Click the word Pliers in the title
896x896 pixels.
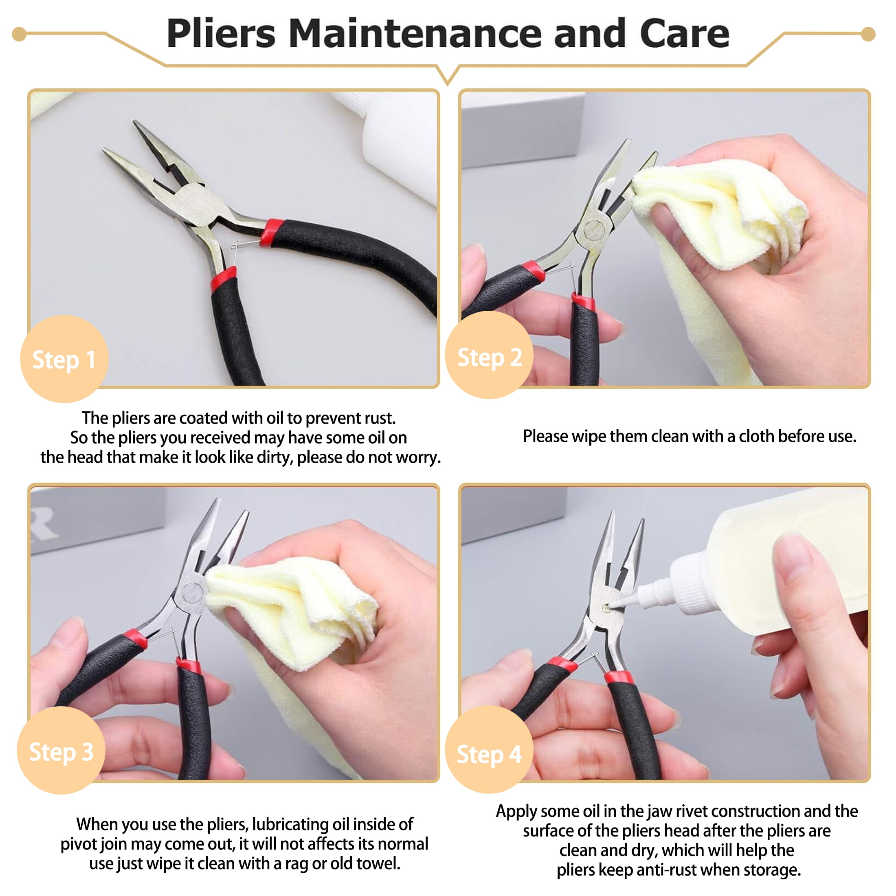point(221,33)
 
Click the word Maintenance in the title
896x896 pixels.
point(415,33)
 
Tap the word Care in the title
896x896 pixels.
point(685,33)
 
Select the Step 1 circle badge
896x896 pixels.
point(64,358)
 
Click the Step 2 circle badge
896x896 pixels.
point(489,355)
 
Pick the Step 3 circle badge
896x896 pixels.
point(61,750)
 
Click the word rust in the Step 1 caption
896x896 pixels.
point(379,418)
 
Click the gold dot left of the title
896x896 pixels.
point(19,34)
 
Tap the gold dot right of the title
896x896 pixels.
point(868,34)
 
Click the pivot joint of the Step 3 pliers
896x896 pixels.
point(192,593)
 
